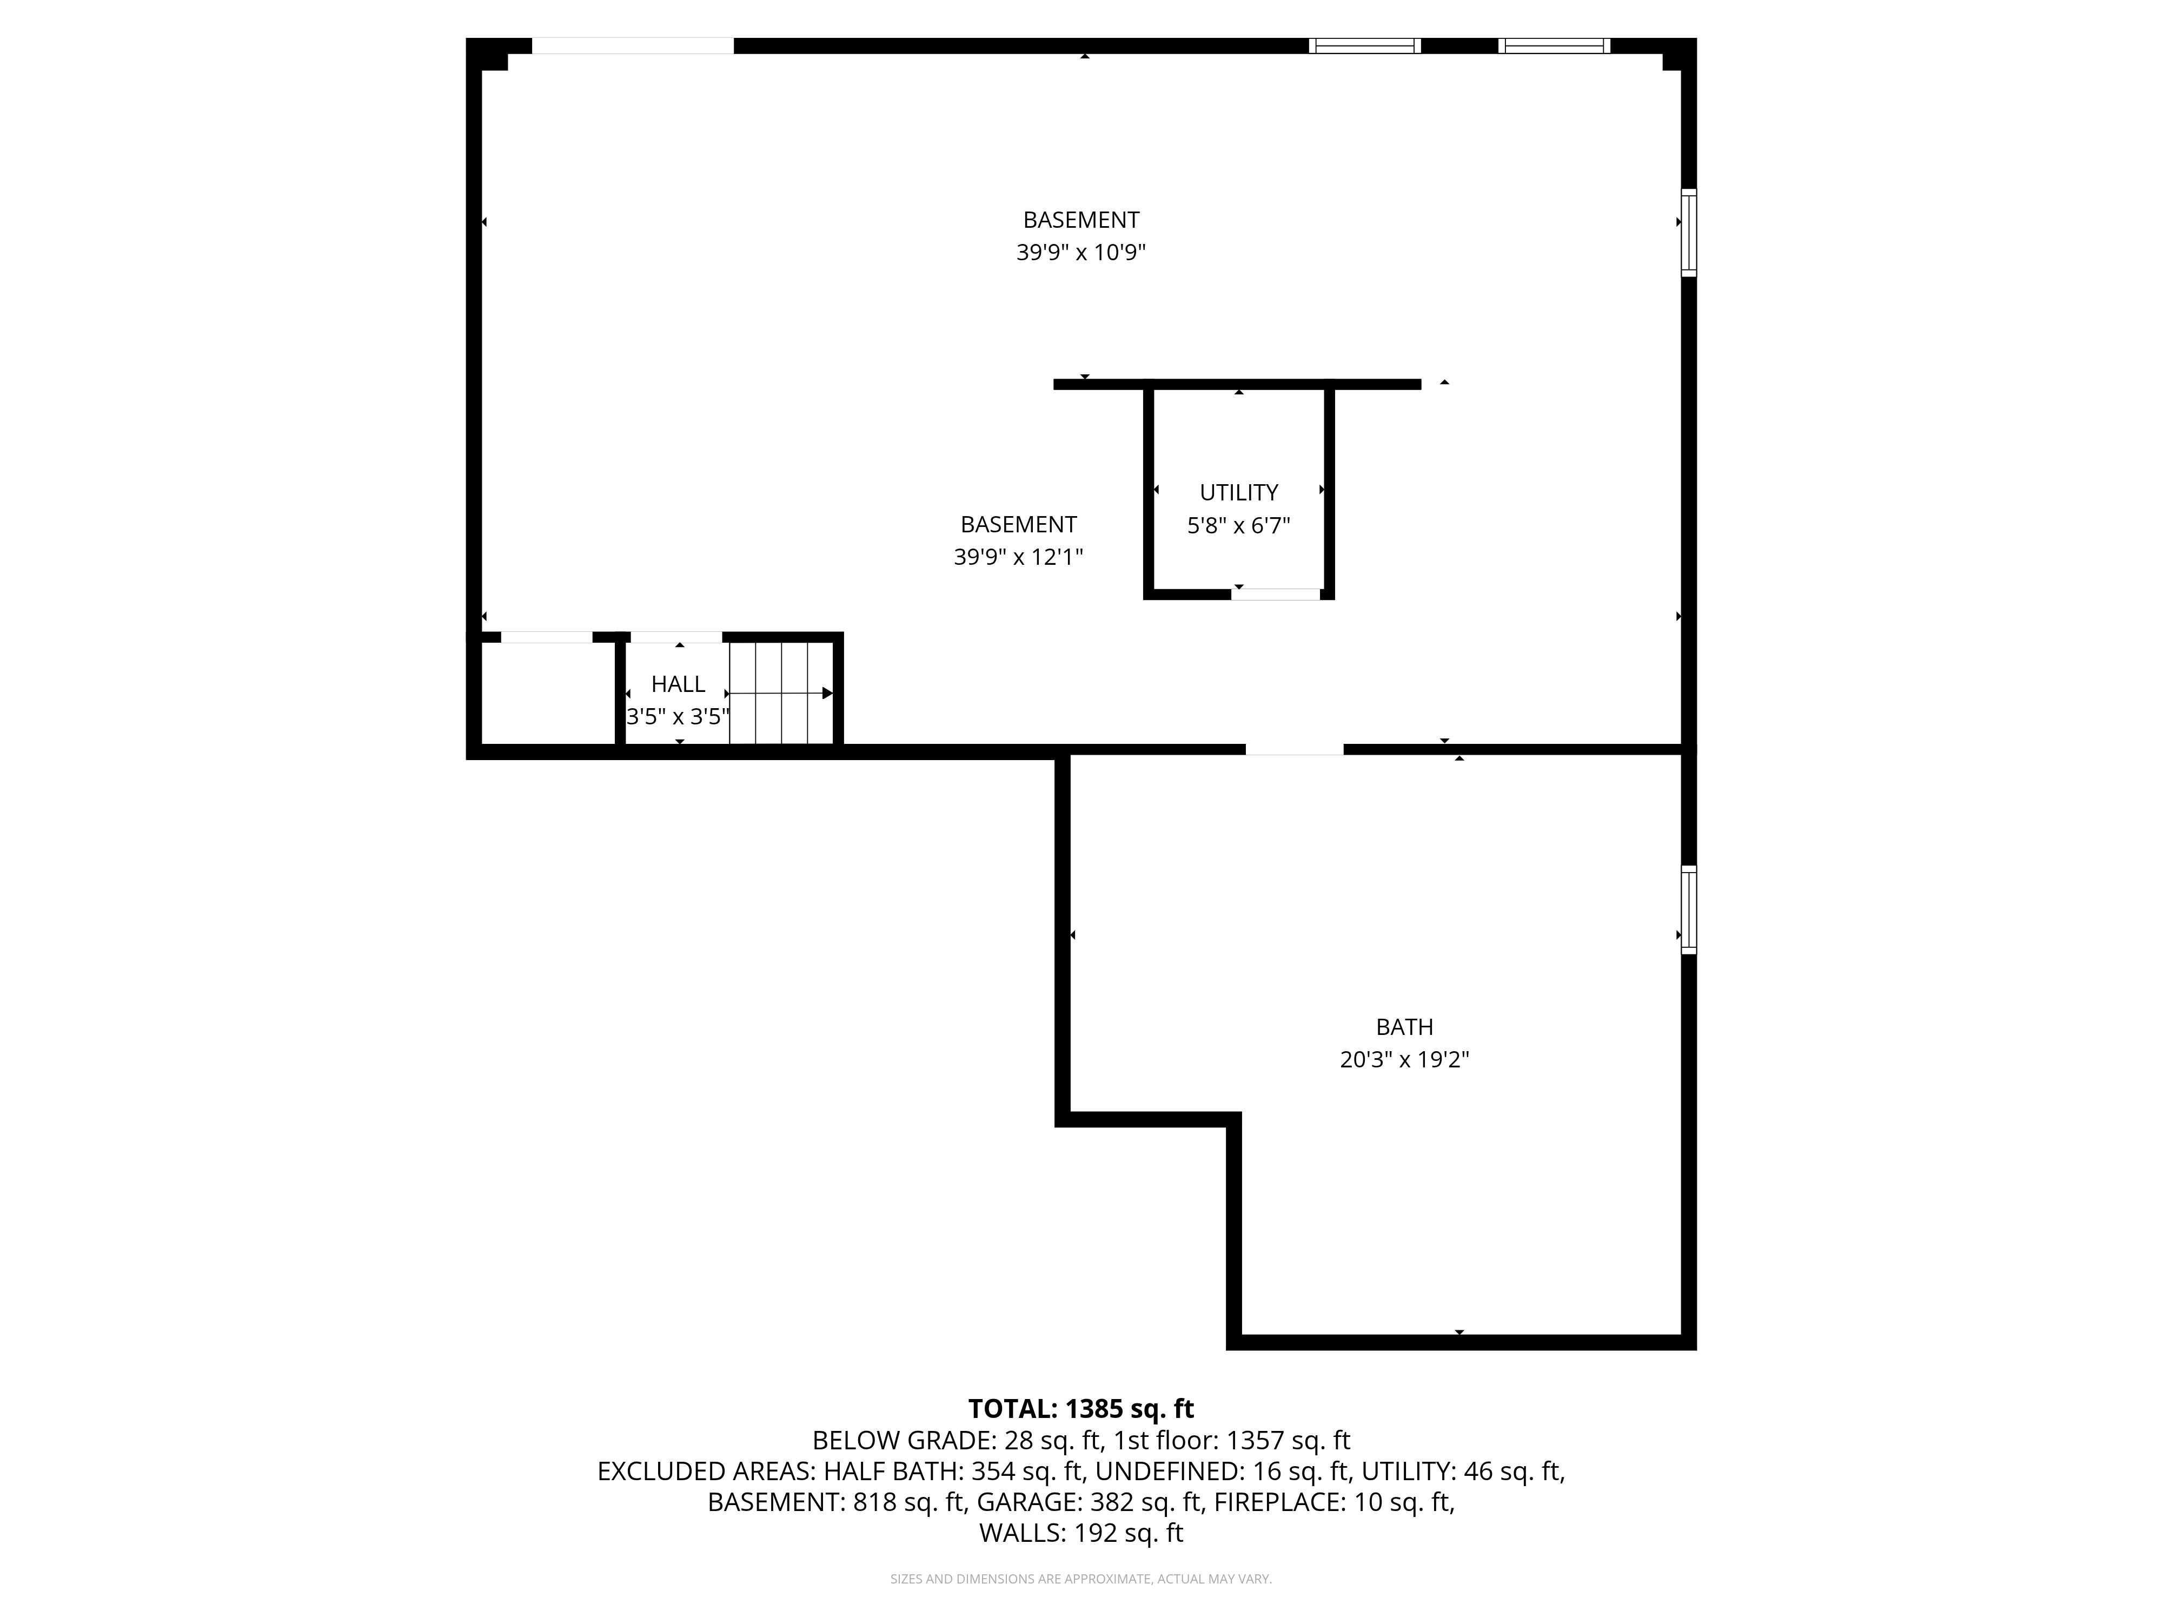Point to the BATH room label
[x=1404, y=1026]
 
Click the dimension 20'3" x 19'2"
[x=1404, y=1059]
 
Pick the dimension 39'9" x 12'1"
[x=1018, y=557]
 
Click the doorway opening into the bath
[x=1293, y=749]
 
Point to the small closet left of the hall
[x=548, y=692]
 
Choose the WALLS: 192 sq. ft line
[x=1080, y=1533]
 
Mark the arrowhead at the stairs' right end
[x=827, y=692]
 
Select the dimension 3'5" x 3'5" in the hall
[x=678, y=716]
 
